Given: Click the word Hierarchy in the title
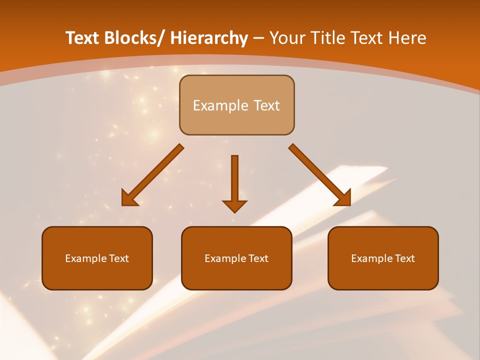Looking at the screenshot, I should tap(209, 38).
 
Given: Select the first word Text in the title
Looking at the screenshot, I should tap(83, 38).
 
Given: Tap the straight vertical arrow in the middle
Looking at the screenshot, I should tap(234, 180).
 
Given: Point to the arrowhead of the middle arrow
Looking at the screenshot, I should tap(234, 205).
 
